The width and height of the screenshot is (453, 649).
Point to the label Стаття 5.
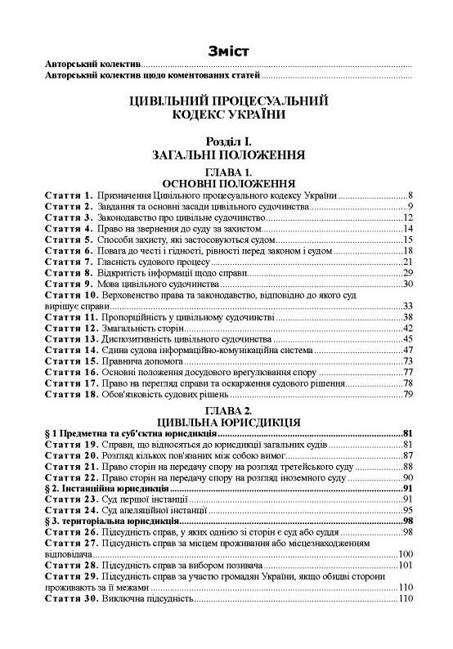pyautogui.click(x=66, y=240)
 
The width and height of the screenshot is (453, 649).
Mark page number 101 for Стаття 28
pyautogui.click(x=408, y=566)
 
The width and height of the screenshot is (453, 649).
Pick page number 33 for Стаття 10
pyautogui.click(x=411, y=306)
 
